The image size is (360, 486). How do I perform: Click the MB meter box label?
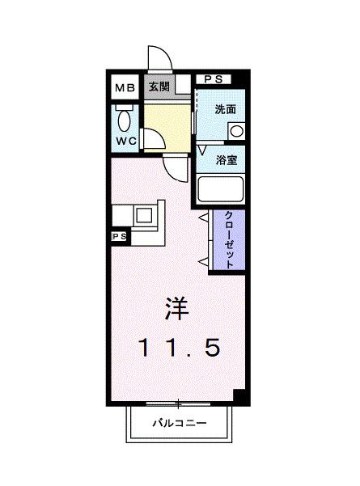[x=125, y=88]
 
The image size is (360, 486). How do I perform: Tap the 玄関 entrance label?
[x=159, y=87]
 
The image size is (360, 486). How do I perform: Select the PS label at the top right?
[x=214, y=79]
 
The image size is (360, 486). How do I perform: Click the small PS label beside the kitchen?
[x=119, y=236]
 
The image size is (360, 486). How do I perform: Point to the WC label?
[x=126, y=142]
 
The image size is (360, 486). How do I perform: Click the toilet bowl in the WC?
[x=124, y=120]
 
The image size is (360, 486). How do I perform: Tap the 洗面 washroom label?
[x=226, y=109]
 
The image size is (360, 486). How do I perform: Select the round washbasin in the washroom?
[x=236, y=132]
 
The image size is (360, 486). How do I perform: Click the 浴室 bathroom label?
[x=227, y=160]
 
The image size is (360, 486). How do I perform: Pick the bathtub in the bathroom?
[x=221, y=189]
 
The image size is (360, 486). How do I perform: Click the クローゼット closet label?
[x=229, y=239]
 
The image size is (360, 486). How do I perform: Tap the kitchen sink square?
[x=144, y=215]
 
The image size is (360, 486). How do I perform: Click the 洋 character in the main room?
[x=177, y=308]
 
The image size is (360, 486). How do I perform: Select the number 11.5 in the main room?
[x=180, y=347]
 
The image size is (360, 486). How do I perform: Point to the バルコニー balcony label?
[x=180, y=423]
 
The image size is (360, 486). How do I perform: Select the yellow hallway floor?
[x=167, y=128]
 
